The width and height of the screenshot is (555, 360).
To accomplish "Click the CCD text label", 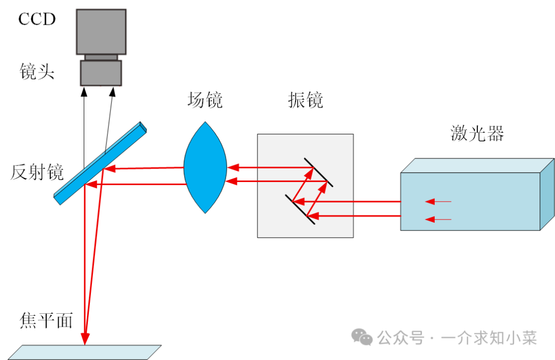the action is [37, 19].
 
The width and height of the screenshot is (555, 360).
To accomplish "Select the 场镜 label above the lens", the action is [205, 100].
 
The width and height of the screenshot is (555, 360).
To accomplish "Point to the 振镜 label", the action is [305, 100].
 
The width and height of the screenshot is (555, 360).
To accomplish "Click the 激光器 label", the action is [477, 134].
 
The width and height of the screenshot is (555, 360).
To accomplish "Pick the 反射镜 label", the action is [37, 172].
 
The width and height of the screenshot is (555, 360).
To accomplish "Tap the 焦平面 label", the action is [46, 320].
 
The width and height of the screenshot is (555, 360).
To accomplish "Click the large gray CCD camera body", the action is [101, 32].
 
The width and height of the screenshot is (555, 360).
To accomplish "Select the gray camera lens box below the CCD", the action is [101, 73].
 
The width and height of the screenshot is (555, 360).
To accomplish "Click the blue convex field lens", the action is [205, 168].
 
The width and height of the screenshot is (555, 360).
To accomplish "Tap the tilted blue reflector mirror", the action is [100, 164].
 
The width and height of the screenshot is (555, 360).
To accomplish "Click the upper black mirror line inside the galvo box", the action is [319, 172].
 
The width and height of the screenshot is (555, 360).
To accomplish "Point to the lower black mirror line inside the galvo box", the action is [300, 209].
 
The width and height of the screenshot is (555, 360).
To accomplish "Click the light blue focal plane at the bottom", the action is [85, 352].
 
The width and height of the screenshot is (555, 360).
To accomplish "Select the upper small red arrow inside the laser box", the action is [438, 202].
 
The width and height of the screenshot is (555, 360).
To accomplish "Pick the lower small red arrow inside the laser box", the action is [438, 219].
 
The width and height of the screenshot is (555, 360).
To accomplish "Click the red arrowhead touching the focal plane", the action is [85, 338].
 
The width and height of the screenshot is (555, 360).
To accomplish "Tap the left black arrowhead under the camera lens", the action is [84, 92].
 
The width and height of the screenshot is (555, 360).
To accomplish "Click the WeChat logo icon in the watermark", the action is [362, 337].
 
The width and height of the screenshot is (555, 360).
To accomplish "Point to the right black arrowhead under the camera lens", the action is [112, 92].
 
